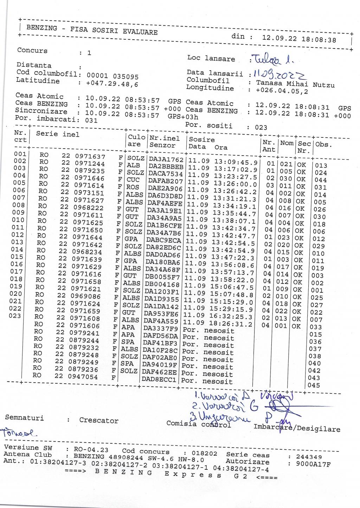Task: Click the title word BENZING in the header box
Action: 41,28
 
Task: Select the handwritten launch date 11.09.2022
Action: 278,74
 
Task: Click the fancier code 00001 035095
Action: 112,77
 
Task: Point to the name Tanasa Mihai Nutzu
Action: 295,84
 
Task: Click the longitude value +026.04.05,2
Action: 282,91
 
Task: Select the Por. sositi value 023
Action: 261,128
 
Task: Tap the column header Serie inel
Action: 58,134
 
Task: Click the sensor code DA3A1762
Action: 166,160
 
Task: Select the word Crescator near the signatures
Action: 99,421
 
